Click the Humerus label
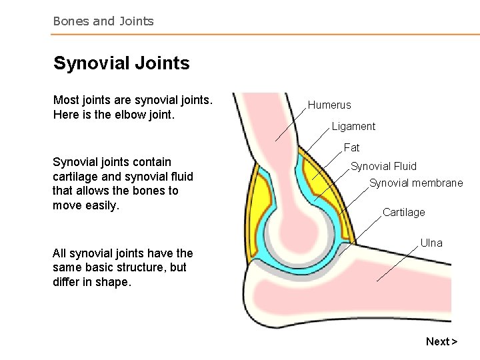[x=329, y=105]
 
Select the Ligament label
[x=353, y=127]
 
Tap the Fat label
[x=351, y=148]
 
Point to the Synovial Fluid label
[x=383, y=167]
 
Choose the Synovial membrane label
[x=416, y=183]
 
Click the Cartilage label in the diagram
[x=403, y=213]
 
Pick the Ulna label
[x=431, y=243]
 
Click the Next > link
[x=441, y=342]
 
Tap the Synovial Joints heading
[x=121, y=63]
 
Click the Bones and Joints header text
[x=103, y=21]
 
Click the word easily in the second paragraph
[x=101, y=205]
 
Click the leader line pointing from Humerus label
[x=291, y=125]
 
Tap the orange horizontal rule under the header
[x=267, y=35]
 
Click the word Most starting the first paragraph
[x=66, y=101]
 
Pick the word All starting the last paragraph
[x=59, y=253]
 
